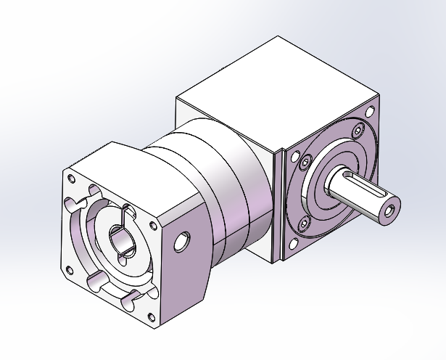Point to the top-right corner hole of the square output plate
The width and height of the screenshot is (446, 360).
[371, 112]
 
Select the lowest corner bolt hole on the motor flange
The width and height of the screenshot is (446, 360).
[150, 316]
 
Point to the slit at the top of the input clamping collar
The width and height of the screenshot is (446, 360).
[128, 211]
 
